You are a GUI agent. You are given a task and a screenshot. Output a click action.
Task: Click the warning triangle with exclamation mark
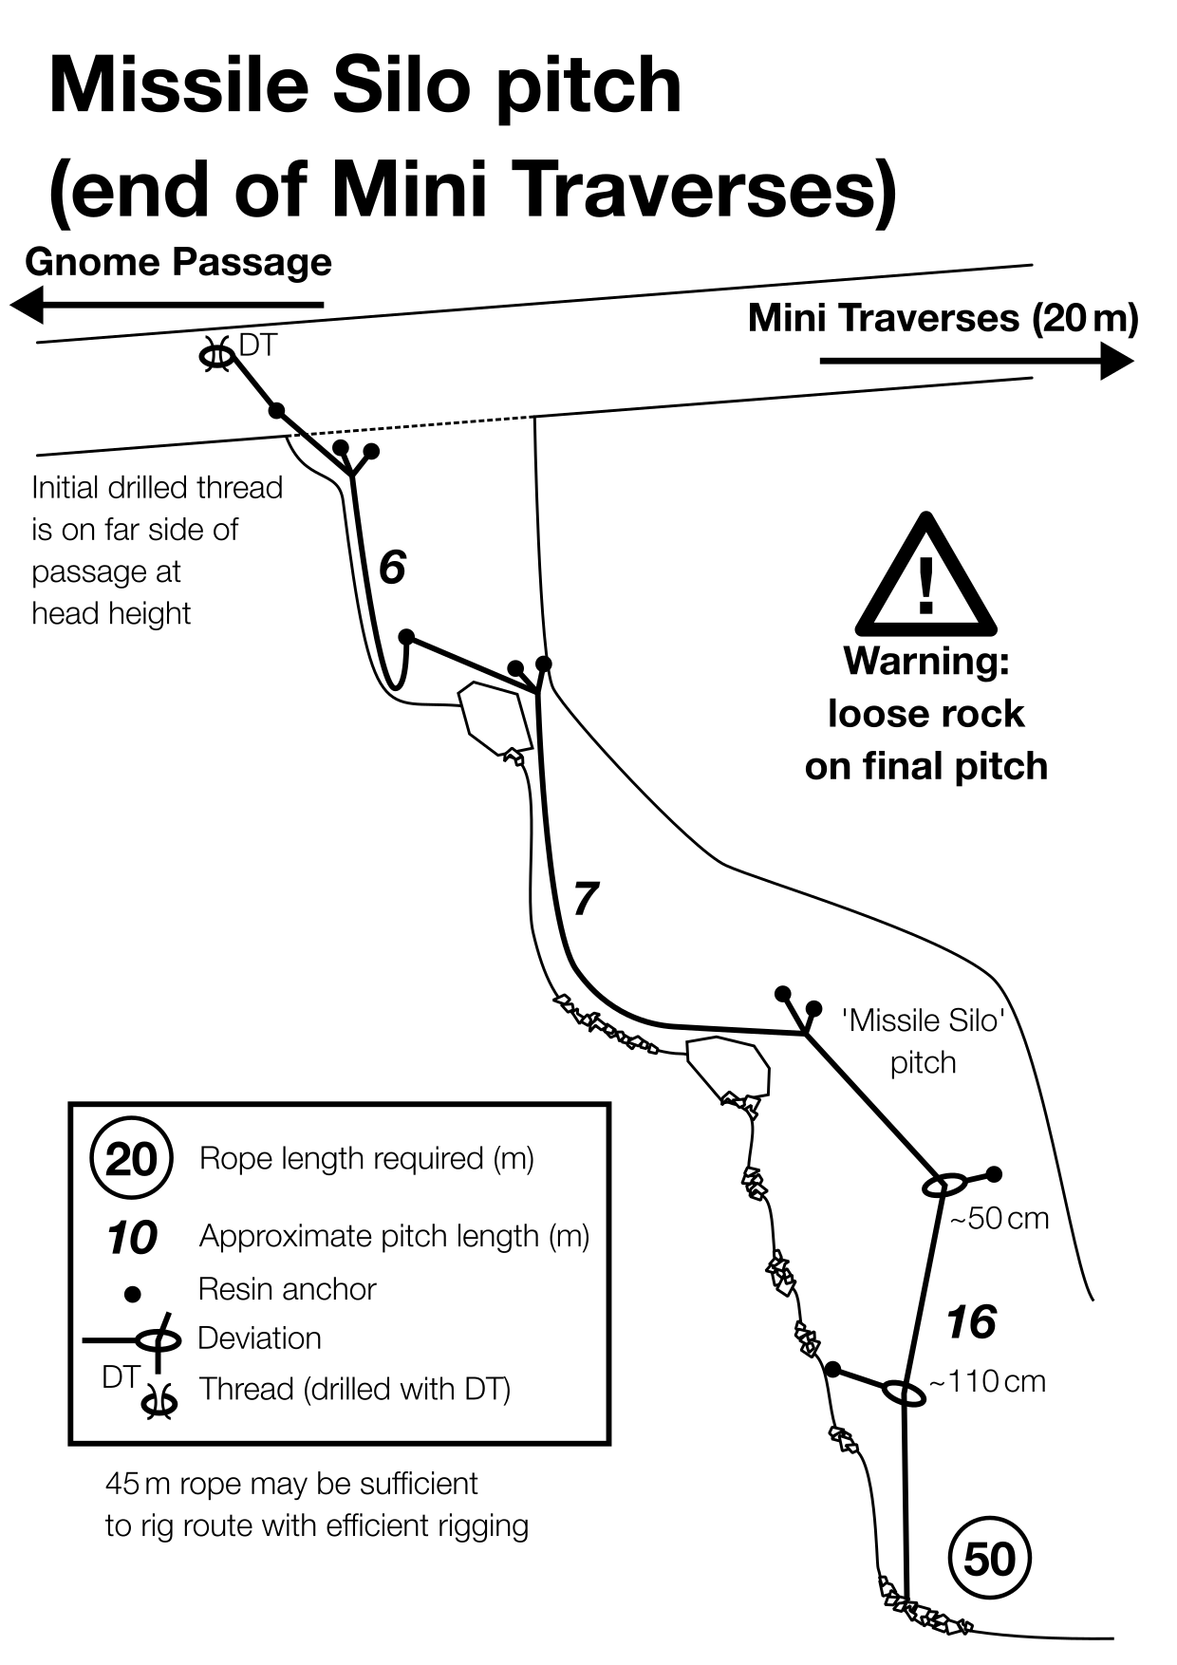[925, 579]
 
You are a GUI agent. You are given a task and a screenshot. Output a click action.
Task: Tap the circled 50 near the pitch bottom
[989, 1559]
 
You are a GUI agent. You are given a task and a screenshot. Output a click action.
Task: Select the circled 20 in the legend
[131, 1159]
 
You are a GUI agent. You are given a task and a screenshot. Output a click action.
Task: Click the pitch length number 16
[970, 1322]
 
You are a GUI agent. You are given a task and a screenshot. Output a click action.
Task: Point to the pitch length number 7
[586, 899]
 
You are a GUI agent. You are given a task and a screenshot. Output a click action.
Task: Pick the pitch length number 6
[392, 568]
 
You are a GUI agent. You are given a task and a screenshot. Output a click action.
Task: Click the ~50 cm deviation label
[1000, 1218]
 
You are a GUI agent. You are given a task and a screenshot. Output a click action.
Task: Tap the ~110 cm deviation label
[987, 1381]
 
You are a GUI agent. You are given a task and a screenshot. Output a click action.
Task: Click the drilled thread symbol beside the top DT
[216, 356]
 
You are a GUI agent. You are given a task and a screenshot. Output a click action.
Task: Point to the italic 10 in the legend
[132, 1238]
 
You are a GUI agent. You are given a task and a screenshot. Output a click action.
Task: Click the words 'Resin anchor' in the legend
[287, 1289]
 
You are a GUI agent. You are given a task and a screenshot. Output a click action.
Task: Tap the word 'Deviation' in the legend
[259, 1338]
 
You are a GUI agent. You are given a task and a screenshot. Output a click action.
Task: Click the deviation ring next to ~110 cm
[904, 1393]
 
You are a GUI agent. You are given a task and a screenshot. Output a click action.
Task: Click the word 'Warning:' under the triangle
[925, 661]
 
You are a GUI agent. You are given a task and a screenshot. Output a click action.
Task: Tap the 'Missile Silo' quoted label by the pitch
[923, 1020]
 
